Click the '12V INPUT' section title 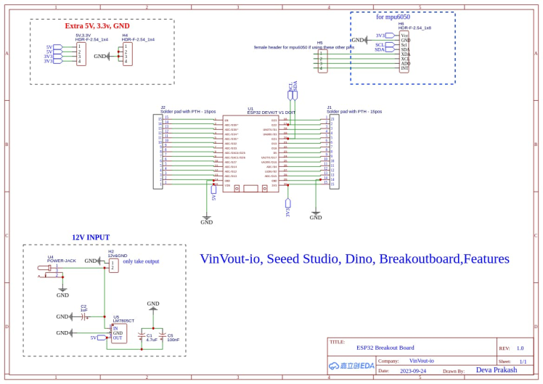pos(91,237)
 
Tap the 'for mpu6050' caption pos(393,17)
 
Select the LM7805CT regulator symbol pos(118,333)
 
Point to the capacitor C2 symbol pos(84,316)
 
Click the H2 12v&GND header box pos(113,266)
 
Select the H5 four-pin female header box pos(322,60)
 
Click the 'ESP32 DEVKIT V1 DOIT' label pos(271,113)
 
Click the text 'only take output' pos(141,261)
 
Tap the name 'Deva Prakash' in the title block pos(497,370)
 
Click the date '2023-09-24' pos(412,371)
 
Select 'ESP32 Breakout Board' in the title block pos(385,348)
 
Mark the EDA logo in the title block pos(351,366)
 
